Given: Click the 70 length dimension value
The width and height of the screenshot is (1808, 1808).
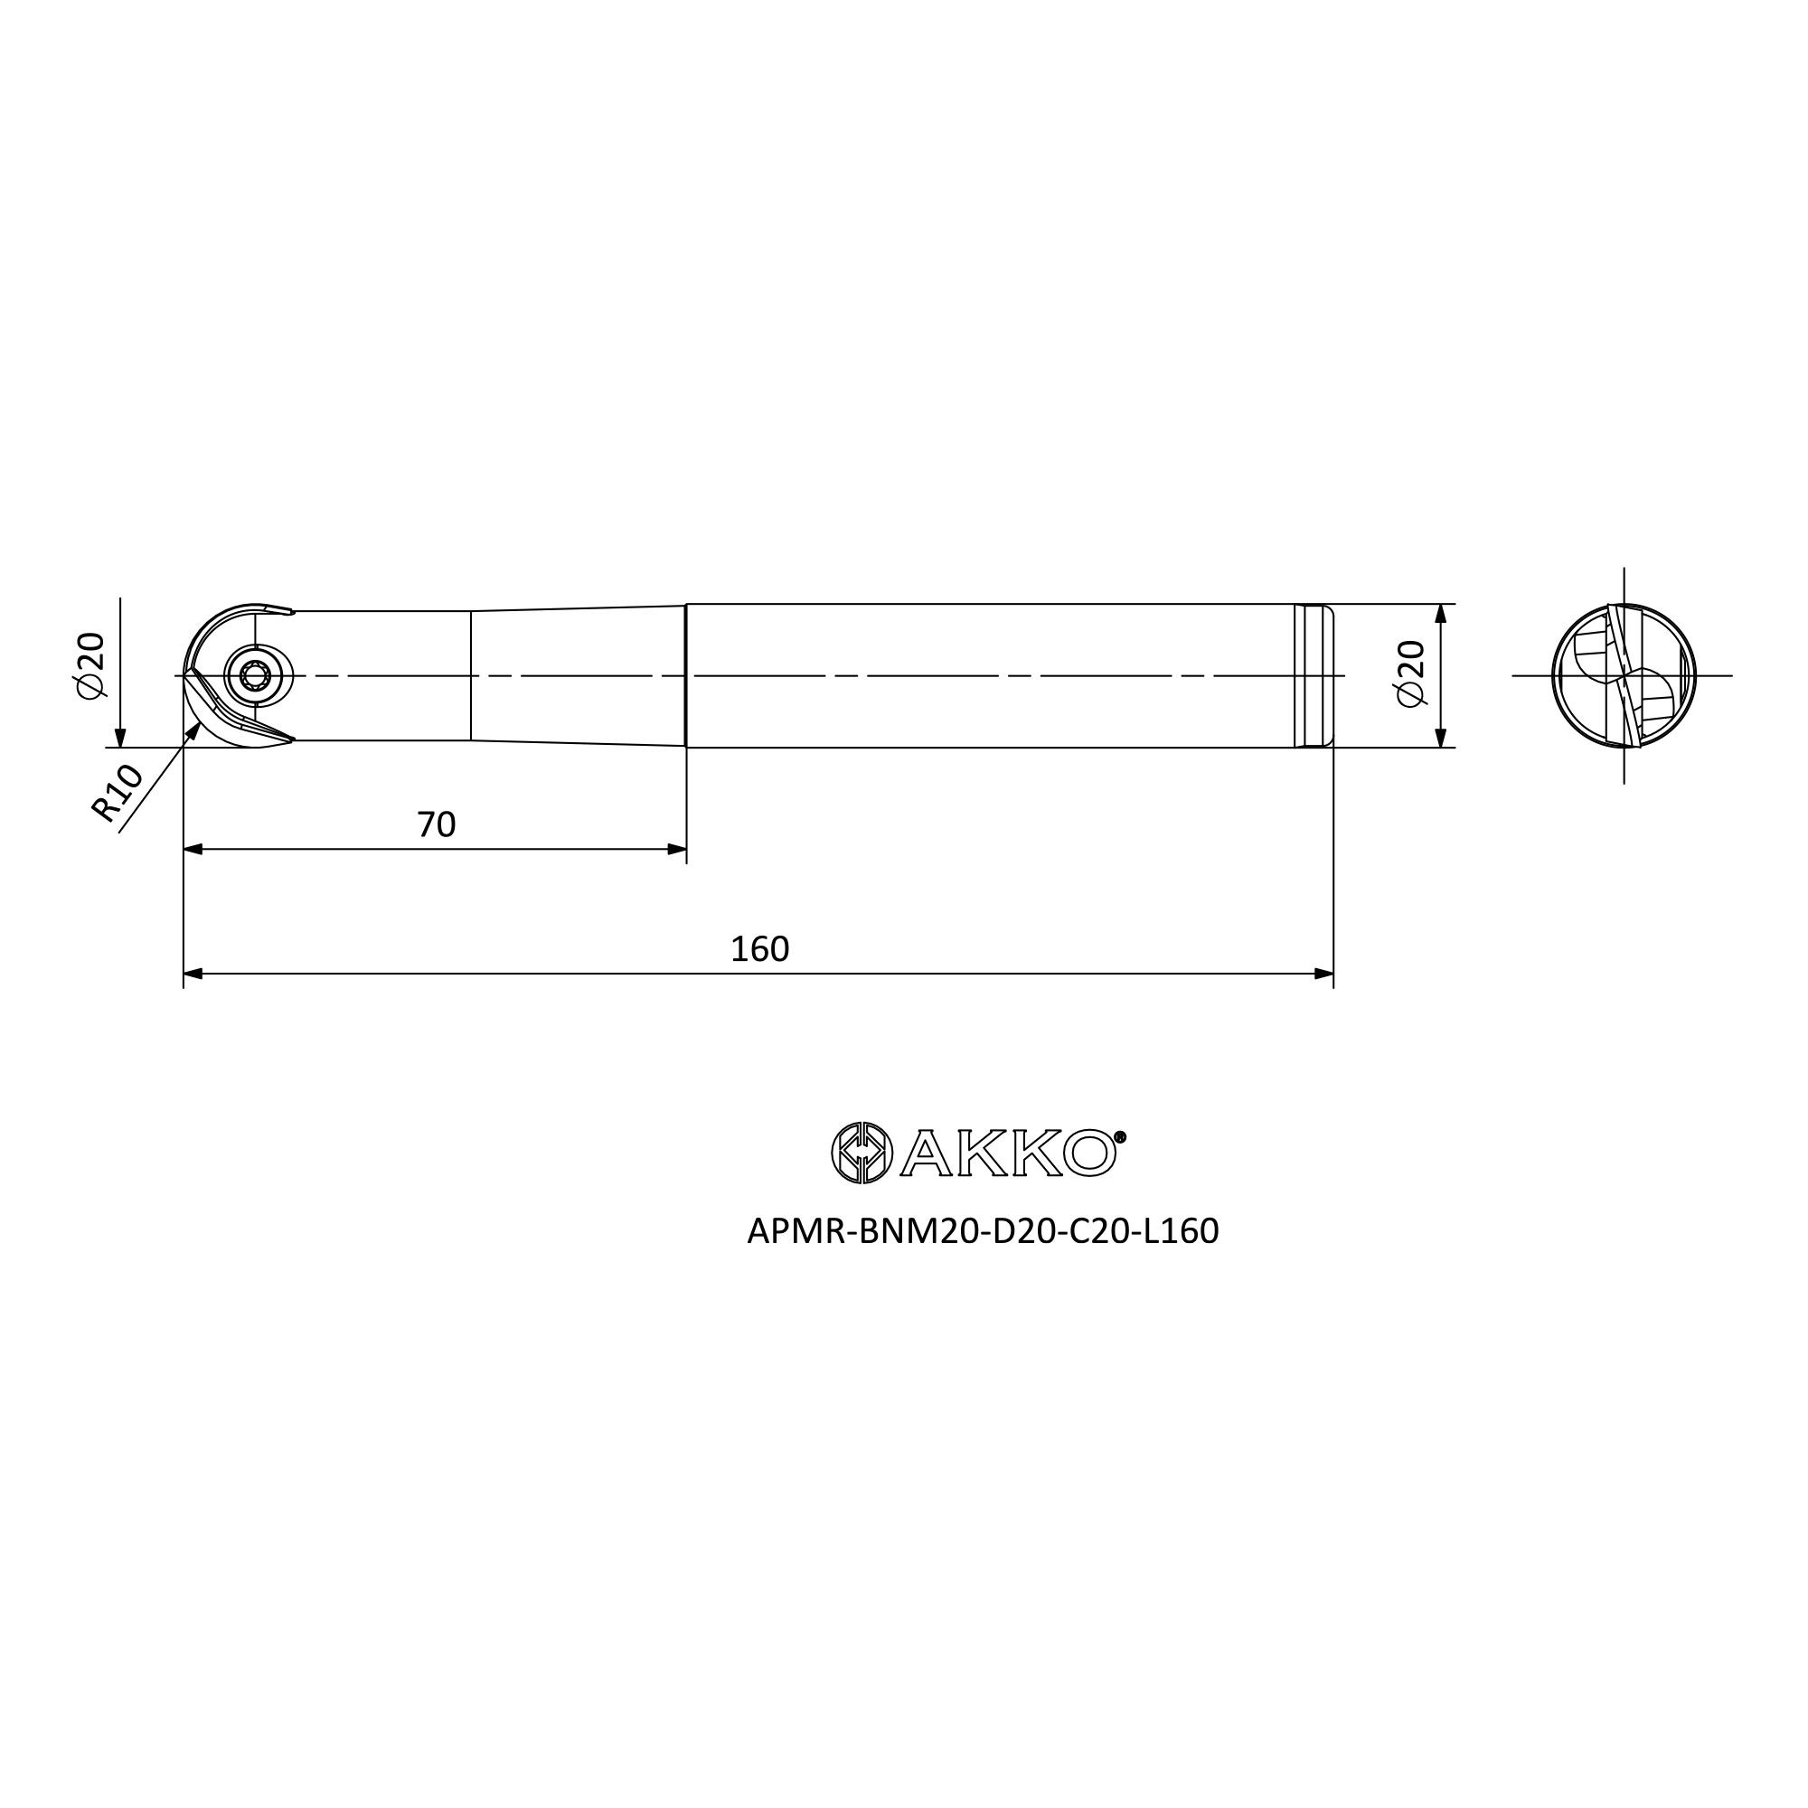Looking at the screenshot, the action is coord(436,824).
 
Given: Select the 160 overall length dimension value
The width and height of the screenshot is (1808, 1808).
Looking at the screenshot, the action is coord(760,949).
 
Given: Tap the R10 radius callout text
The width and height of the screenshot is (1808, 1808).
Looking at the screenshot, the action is coord(117,793).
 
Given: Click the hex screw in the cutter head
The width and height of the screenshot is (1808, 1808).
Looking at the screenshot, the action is coord(255,674).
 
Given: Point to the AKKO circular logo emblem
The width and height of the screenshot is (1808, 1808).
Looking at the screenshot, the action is coord(862,1152).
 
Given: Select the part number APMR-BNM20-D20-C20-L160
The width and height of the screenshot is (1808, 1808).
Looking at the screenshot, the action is coord(983,1231).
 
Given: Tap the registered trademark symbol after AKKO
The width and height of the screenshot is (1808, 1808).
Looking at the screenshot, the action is coord(1120,1137).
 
